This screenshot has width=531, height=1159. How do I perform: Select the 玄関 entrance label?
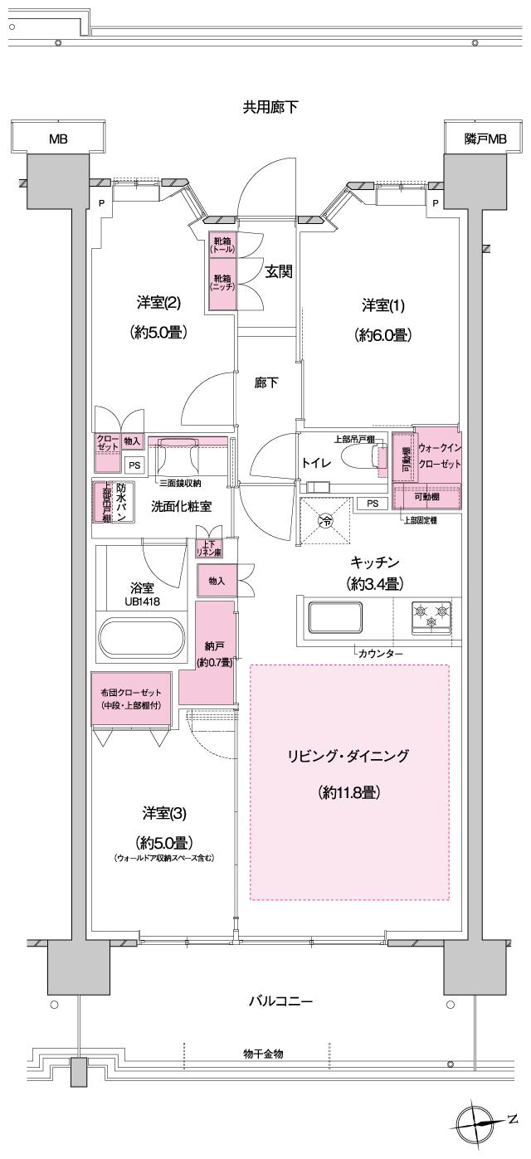coord(278,271)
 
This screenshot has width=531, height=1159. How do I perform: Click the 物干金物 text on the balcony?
coord(264,1053)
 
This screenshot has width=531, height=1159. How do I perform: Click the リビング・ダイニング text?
coord(348,756)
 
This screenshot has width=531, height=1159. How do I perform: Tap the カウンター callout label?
coord(382,654)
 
